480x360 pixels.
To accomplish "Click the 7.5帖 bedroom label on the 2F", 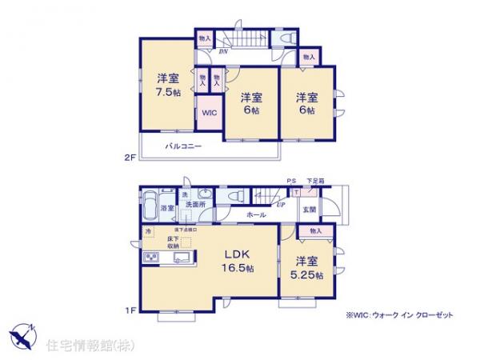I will (x=168, y=84).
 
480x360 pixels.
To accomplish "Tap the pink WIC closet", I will (x=210, y=113).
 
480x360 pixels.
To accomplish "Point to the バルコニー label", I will (x=183, y=146).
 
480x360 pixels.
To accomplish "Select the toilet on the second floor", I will (x=286, y=38).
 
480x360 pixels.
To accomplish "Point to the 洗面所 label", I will (x=194, y=205).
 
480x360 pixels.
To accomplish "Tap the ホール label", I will (x=256, y=215).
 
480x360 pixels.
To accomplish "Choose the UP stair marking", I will (x=279, y=205).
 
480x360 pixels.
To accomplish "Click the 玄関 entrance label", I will (x=309, y=210).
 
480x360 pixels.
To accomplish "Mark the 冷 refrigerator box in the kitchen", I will (x=148, y=232).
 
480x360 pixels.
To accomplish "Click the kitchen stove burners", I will (x=150, y=258).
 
